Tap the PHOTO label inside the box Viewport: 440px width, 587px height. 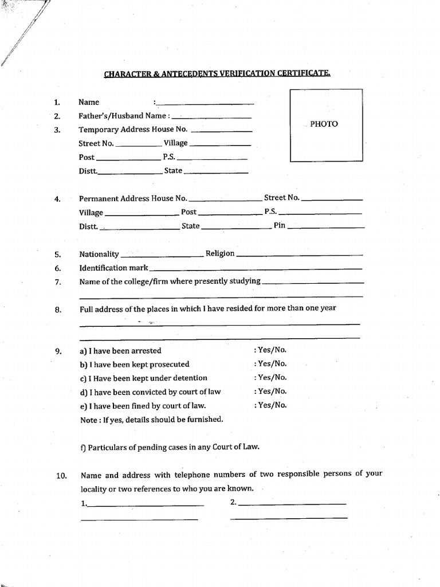pyautogui.click(x=324, y=124)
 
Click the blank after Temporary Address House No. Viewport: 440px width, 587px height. pyautogui.click(x=221, y=130)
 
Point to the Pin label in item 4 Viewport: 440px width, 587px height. pyautogui.click(x=279, y=225)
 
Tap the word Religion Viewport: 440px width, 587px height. pyautogui.click(x=220, y=253)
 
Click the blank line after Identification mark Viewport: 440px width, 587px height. pyautogui.click(x=256, y=268)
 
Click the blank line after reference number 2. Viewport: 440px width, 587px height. pyautogui.click(x=292, y=504)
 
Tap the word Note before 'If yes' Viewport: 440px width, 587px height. pyautogui.click(x=89, y=419)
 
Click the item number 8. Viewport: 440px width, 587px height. pyautogui.click(x=58, y=310)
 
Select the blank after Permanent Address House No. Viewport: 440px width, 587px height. pyautogui.click(x=225, y=200)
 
